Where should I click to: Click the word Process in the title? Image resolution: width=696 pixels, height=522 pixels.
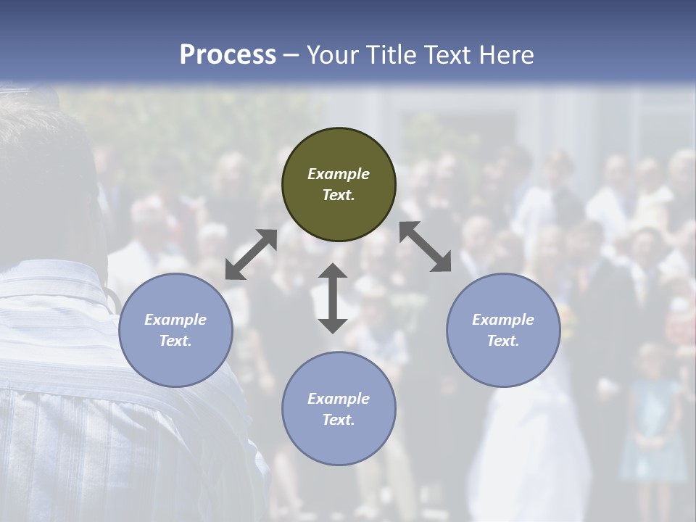[x=228, y=55]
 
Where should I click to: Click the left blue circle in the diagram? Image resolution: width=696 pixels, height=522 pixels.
[x=175, y=330]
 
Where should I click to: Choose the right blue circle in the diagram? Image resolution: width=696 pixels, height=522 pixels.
[x=503, y=330]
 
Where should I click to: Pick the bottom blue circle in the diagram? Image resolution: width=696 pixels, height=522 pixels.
[x=339, y=408]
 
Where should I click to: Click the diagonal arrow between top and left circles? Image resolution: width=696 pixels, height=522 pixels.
[x=251, y=254]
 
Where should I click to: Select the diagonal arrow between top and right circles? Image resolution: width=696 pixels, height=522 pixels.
[x=426, y=246]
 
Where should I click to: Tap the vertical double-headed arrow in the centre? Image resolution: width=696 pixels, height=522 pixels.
[x=333, y=299]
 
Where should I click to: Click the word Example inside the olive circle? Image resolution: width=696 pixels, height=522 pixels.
[x=339, y=174]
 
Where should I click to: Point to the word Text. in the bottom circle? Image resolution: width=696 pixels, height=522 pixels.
[x=339, y=420]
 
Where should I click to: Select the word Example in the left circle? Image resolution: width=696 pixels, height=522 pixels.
[x=175, y=320]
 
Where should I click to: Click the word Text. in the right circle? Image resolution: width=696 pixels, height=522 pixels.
[x=503, y=341]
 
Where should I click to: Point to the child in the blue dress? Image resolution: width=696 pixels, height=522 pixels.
[x=652, y=413]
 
